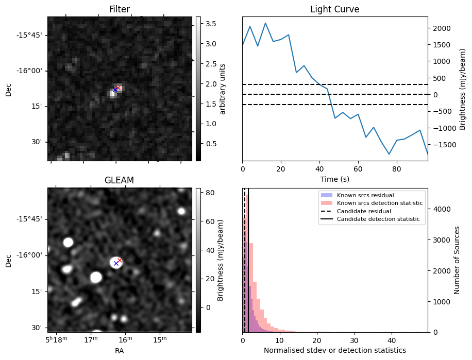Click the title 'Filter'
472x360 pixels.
click(120, 9)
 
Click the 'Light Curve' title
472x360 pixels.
click(334, 9)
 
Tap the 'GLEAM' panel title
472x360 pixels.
click(120, 180)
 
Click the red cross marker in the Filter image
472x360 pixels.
click(119, 88)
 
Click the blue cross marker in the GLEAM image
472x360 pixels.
click(116, 263)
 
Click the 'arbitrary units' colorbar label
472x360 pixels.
click(223, 89)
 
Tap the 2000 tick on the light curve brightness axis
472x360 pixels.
click(440, 28)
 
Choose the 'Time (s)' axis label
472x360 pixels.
click(334, 179)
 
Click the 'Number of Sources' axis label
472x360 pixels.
click(457, 260)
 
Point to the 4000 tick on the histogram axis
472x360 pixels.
click(440, 209)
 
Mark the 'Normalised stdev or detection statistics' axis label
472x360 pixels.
click(334, 350)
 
